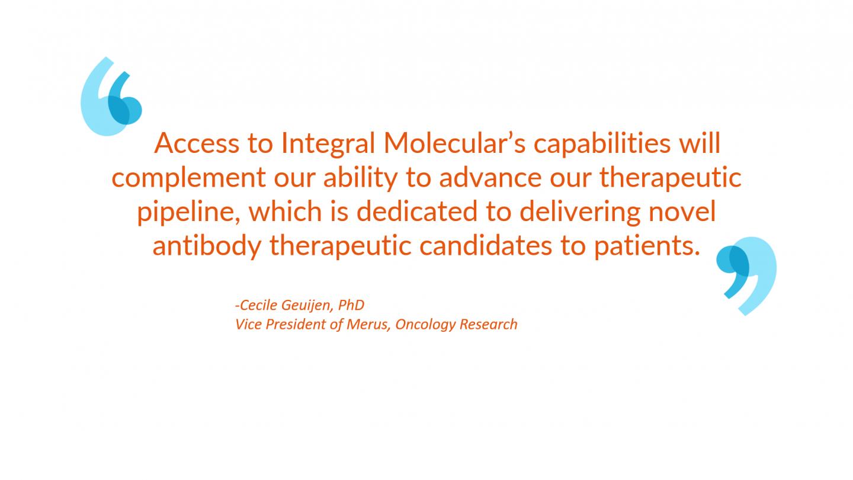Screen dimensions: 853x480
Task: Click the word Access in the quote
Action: [197, 143]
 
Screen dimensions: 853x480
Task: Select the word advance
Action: [490, 177]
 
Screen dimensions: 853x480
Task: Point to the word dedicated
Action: [416, 211]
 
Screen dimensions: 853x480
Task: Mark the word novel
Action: [682, 211]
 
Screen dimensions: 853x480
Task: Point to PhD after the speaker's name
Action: [351, 305]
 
